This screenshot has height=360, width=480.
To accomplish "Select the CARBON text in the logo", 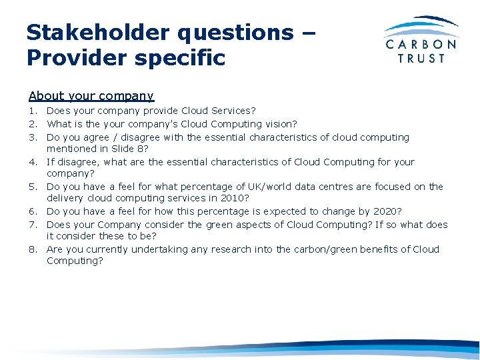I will click(422, 45).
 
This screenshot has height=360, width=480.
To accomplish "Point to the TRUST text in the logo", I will click(421, 59).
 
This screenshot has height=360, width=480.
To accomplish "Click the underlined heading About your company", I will click(91, 96).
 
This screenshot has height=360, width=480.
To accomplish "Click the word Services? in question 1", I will click(234, 111).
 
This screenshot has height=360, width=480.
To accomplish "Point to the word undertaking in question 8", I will click(158, 249).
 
